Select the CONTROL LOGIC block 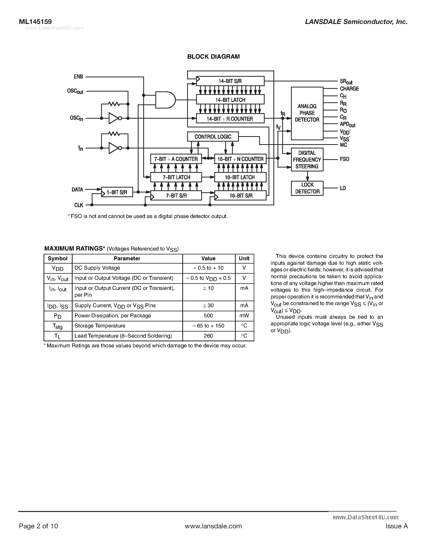pos(213,137)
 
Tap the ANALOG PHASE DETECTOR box pos(307,113)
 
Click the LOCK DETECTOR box pos(307,188)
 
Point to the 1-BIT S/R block pos(117,192)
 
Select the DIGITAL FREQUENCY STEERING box pos(307,160)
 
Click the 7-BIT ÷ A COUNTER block pos(176,159)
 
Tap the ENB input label pos(78,77)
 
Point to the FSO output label pos(344,159)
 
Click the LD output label pos(343,188)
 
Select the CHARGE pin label pos(349,89)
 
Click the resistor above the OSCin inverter pos(114,104)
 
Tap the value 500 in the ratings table pos(208,316)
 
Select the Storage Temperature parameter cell pos(100,326)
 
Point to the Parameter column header pos(127,259)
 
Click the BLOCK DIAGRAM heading pos(213,57)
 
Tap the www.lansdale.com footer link pos(213,526)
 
